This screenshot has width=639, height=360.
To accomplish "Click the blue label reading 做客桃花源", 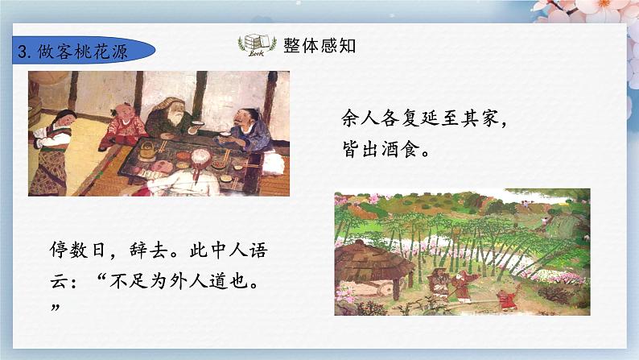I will coord(80,51).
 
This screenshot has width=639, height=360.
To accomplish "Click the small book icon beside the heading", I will coord(255,45).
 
